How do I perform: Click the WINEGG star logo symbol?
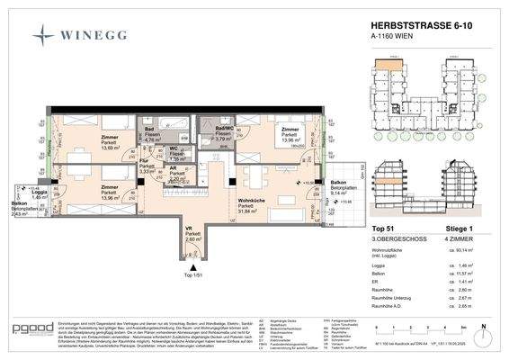click(43, 35)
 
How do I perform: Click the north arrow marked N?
click(483, 329)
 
